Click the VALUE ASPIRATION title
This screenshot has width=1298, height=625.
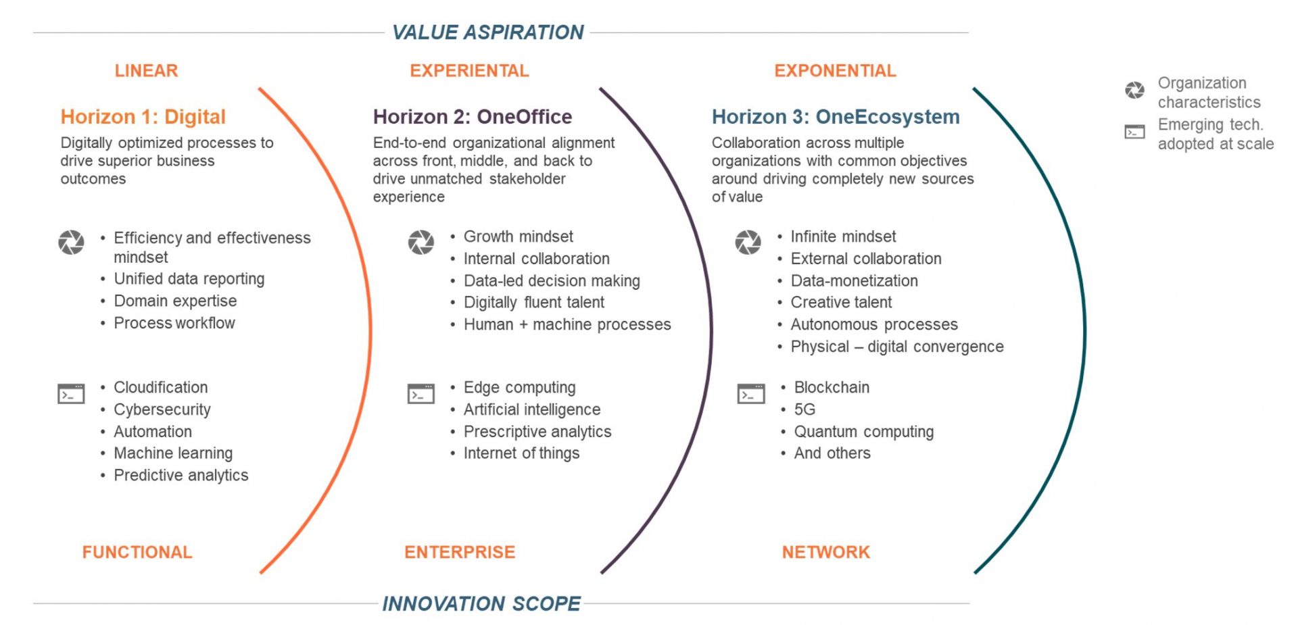(487, 32)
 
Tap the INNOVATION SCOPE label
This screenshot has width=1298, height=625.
(481, 603)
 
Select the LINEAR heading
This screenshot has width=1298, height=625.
(146, 70)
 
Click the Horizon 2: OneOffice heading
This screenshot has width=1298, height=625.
(472, 116)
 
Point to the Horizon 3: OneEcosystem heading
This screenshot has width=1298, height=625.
(835, 116)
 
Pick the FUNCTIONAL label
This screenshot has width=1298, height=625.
(137, 552)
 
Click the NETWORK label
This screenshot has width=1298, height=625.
(825, 552)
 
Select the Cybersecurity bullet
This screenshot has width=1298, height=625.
(162, 409)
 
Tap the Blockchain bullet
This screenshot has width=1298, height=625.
(831, 387)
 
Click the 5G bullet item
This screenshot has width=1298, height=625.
(804, 409)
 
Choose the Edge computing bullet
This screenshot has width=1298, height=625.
(519, 387)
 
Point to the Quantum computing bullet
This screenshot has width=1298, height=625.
(863, 431)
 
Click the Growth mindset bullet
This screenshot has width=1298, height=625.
(518, 236)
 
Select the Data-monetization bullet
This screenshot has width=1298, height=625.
(854, 280)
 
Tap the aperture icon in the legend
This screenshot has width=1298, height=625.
(1134, 90)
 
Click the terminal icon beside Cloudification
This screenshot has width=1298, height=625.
(71, 393)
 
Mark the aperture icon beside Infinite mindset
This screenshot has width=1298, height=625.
(748, 242)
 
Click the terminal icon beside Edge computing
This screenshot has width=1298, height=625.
(420, 393)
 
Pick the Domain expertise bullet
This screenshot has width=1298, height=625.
(175, 301)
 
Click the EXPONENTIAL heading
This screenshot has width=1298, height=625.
(835, 70)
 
